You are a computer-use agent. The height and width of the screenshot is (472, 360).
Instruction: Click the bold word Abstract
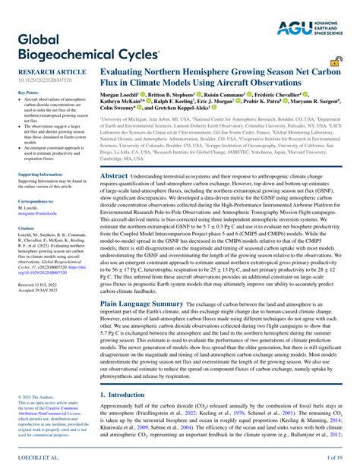click(x=114, y=175)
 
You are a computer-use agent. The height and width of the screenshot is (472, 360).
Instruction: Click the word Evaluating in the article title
click(x=126, y=76)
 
